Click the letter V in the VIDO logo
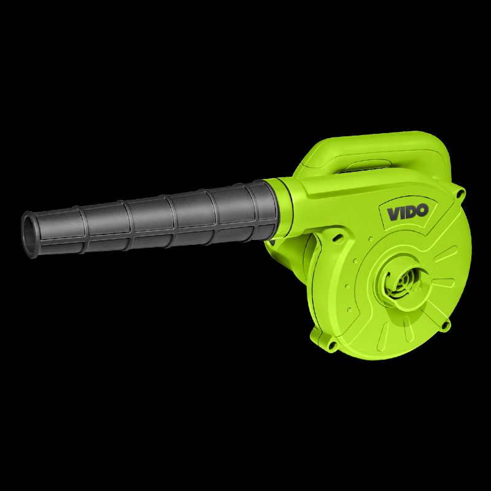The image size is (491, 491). coord(393,214)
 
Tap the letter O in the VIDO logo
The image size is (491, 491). coord(422,210)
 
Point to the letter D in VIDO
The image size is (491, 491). coord(411,212)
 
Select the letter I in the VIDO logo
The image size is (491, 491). coord(401,213)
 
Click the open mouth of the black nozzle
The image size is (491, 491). coord(29,234)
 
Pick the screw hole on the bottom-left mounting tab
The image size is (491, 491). coord(331,346)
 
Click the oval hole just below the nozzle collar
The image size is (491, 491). coord(338,238)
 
